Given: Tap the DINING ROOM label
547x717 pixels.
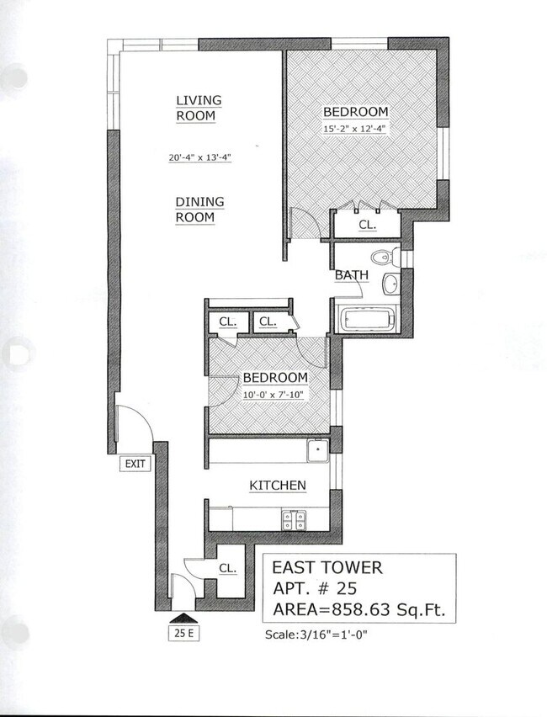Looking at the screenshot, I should [x=195, y=210].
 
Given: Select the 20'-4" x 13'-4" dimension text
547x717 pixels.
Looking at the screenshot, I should [x=199, y=157].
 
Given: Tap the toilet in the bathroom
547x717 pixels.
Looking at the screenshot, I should [x=385, y=257].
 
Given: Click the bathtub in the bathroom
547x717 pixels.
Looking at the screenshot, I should [x=368, y=321].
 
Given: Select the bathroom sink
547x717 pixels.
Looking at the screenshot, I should [x=392, y=284].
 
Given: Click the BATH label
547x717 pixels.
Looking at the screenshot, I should [x=351, y=275].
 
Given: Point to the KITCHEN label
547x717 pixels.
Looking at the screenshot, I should [x=277, y=486].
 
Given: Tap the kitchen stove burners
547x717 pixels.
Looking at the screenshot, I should [x=294, y=519].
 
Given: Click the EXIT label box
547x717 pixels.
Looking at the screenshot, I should [x=135, y=464].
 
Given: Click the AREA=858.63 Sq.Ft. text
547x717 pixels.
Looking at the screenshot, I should [x=358, y=608].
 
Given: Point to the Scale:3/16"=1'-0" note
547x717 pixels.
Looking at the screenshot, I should [x=316, y=635].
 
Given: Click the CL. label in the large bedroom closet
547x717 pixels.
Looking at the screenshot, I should [x=367, y=226].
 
